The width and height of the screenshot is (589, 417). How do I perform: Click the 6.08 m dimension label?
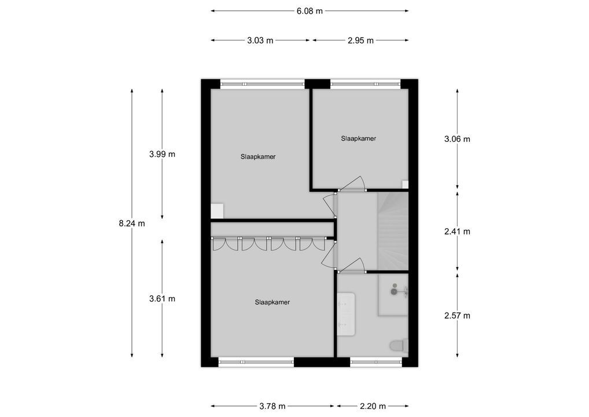click(x=310, y=10)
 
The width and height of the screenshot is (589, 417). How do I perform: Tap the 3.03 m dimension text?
click(x=260, y=41)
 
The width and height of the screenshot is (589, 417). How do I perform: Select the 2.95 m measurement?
click(x=360, y=41)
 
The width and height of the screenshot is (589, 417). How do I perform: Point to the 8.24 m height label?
click(x=132, y=224)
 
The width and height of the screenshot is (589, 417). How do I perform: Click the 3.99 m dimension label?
click(x=162, y=154)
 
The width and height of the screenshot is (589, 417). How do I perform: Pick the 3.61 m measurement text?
click(x=162, y=299)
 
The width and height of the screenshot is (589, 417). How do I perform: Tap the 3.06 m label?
click(x=457, y=139)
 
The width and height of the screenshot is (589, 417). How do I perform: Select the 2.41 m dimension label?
click(x=457, y=231)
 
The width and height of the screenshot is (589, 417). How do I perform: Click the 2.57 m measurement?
click(x=457, y=316)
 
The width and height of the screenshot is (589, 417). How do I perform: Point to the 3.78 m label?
click(x=272, y=406)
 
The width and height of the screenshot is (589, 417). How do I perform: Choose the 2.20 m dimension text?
click(x=372, y=406)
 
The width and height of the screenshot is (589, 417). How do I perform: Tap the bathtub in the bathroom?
click(x=346, y=314)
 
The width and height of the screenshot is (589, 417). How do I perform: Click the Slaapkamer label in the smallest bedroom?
click(x=359, y=138)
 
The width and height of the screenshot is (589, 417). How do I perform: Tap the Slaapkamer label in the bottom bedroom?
click(x=272, y=302)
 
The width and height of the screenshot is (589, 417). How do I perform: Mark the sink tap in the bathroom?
click(x=396, y=290)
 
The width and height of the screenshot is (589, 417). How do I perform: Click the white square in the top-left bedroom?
click(x=218, y=211)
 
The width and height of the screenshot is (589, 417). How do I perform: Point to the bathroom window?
click(x=376, y=362)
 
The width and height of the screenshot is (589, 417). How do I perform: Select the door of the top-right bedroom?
click(x=352, y=184)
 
